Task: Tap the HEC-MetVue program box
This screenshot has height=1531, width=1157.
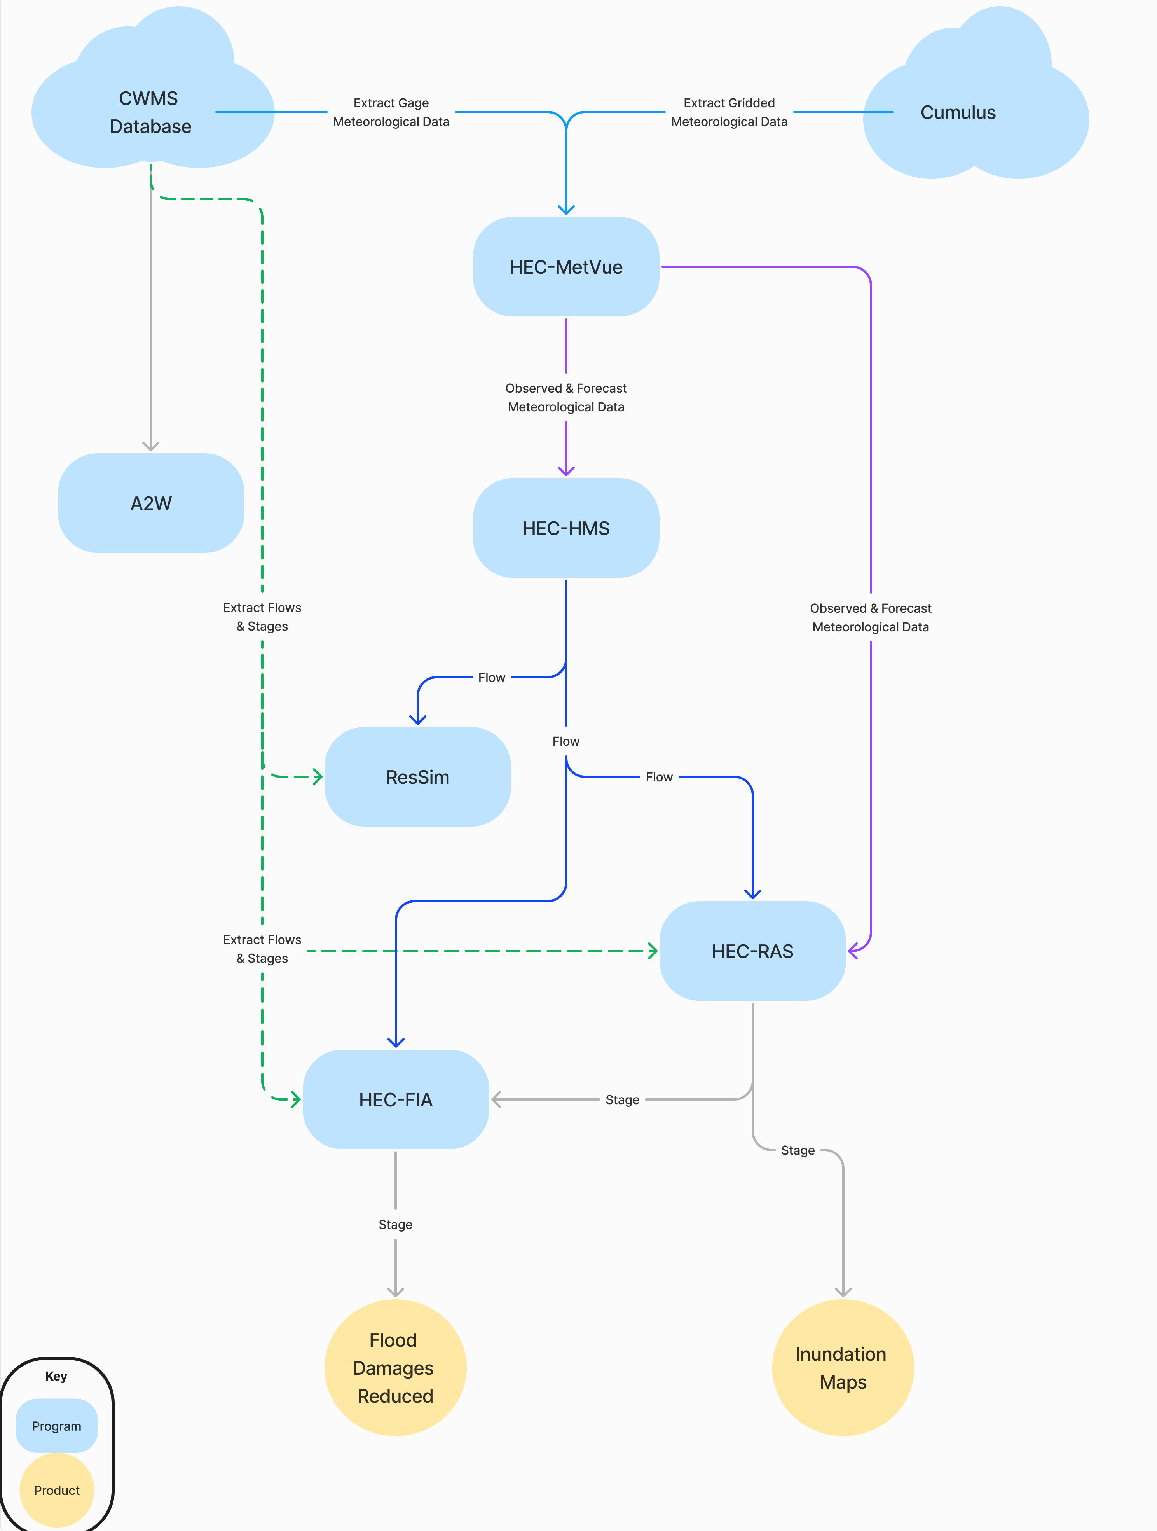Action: [565, 267]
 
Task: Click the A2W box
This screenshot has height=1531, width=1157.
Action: [151, 503]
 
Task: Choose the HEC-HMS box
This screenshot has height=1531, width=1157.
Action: [565, 528]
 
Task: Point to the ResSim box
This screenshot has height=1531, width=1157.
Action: [417, 776]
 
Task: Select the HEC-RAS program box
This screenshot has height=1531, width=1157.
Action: [752, 951]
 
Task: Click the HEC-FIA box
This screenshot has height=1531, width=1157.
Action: [395, 1100]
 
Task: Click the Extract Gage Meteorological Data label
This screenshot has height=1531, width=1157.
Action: [391, 112]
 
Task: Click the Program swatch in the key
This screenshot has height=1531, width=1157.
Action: [57, 1426]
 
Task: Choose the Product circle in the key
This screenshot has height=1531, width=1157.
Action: [57, 1490]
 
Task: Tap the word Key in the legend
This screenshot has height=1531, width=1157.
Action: [56, 1376]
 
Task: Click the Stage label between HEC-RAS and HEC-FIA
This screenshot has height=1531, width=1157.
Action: [622, 1100]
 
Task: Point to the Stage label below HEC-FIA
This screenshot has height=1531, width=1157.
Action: [395, 1224]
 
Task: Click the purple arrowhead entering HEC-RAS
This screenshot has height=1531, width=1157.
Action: [853, 951]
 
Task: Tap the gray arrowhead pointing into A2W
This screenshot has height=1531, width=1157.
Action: [151, 446]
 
